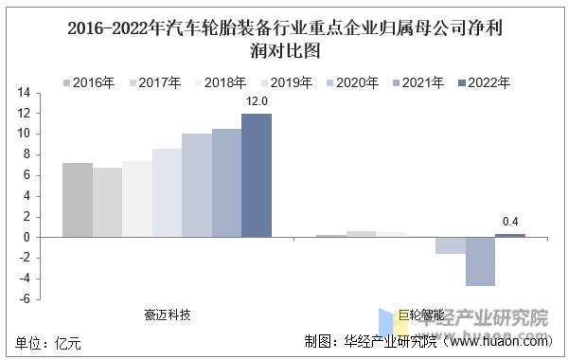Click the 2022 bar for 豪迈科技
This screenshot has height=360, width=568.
(256, 175)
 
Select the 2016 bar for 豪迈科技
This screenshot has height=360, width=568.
(78, 200)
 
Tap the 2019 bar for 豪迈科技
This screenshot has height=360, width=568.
(167, 192)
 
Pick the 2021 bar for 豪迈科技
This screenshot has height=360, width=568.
(226, 183)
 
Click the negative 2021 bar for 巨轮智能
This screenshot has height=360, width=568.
(480, 261)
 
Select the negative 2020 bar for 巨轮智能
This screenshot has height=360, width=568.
(451, 245)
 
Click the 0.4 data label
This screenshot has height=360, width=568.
(511, 222)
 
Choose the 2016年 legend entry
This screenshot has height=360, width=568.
(87, 83)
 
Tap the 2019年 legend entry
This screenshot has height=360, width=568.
(285, 83)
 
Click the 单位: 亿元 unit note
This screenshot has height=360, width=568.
(49, 342)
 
